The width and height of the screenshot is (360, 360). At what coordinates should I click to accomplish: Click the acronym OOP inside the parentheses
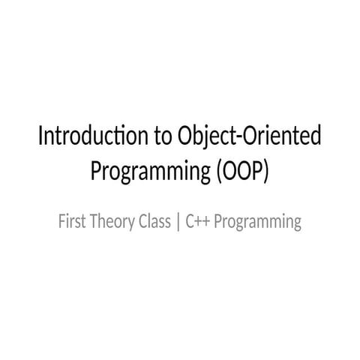[x=241, y=171]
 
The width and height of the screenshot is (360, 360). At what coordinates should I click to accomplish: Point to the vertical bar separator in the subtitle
[x=178, y=223]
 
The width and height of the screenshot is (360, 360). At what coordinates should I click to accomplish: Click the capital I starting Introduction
[x=41, y=138]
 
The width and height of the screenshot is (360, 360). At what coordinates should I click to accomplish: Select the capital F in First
[x=61, y=222]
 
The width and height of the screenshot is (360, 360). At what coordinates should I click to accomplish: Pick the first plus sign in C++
[x=197, y=223]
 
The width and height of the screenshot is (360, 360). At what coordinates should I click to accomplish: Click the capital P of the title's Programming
[x=96, y=171]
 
